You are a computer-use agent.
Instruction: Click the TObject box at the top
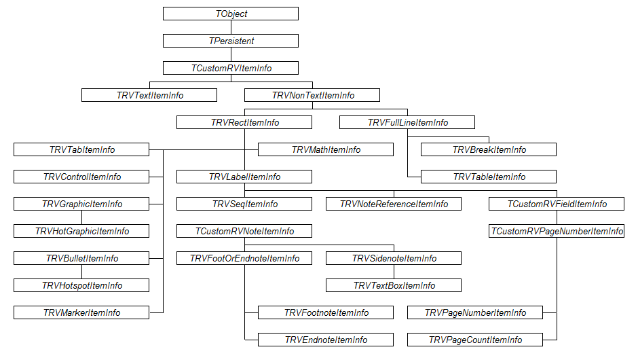point(231,14)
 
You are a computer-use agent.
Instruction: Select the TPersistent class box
point(231,41)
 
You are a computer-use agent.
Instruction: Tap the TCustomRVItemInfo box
point(231,68)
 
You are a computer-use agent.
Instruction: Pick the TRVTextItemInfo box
point(149,95)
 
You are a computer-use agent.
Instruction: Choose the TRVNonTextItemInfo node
point(312,95)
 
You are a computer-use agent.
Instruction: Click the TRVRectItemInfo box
point(244,122)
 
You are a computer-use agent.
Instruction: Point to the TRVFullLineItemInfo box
point(407,122)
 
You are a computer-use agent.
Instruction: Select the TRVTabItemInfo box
point(81,149)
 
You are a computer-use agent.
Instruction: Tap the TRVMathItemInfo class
point(326,149)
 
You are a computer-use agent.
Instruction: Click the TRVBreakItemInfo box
point(489,149)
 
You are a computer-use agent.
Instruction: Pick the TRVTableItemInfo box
point(489,177)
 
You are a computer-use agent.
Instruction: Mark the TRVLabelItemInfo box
point(244,177)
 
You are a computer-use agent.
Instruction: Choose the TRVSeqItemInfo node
point(244,204)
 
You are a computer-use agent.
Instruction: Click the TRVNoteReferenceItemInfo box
point(394,204)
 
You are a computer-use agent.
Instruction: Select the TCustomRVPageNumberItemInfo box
point(557,231)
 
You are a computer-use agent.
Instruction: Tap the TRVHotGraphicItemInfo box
point(81,231)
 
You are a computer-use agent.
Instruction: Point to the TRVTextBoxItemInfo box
point(394,285)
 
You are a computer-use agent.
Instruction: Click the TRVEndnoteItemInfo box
point(326,340)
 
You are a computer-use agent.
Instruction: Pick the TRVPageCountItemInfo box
point(475,340)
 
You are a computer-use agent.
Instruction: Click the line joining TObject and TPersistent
point(231,27)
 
